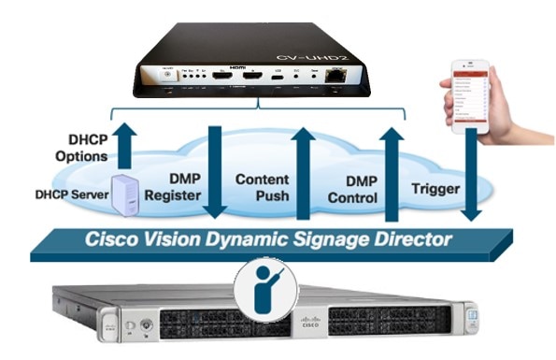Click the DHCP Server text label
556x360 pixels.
click(x=64, y=195)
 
